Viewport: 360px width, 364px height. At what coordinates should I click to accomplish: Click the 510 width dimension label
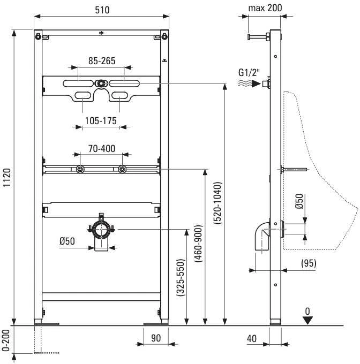tap(102, 10)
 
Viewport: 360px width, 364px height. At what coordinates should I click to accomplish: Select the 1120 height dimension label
tap(7, 178)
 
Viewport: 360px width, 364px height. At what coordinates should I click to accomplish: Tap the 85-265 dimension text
tap(102, 61)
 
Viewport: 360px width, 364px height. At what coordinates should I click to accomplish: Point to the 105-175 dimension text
tap(101, 121)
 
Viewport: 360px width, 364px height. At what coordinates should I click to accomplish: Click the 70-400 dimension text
tap(101, 149)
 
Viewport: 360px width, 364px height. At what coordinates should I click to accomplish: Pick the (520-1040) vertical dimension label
tap(217, 203)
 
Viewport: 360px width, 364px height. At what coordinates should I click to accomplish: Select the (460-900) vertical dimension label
tap(198, 244)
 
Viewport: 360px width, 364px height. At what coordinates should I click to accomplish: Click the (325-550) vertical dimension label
tap(181, 277)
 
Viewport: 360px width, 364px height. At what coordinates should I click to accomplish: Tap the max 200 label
tap(265, 8)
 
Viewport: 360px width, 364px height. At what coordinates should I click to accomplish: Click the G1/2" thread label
tap(249, 72)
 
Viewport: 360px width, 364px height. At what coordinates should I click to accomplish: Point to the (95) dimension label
tap(309, 263)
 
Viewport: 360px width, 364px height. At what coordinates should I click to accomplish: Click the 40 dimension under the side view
tap(252, 339)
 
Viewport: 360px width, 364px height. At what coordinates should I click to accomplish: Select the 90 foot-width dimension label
tap(156, 338)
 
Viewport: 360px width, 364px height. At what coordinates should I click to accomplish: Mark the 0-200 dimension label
tap(6, 340)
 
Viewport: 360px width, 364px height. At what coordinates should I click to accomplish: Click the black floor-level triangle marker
tap(308, 320)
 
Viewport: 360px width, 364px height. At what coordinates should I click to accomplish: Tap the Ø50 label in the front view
tap(67, 241)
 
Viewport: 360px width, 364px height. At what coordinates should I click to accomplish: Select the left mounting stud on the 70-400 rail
tap(80, 169)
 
